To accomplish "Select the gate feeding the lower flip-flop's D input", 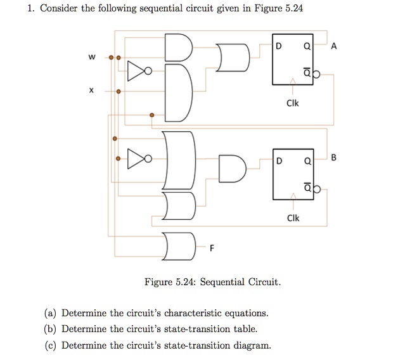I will (x=233, y=167).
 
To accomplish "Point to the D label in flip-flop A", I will (x=280, y=46).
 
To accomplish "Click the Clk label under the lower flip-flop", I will (x=293, y=218).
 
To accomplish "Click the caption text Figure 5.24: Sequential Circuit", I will (x=212, y=281).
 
